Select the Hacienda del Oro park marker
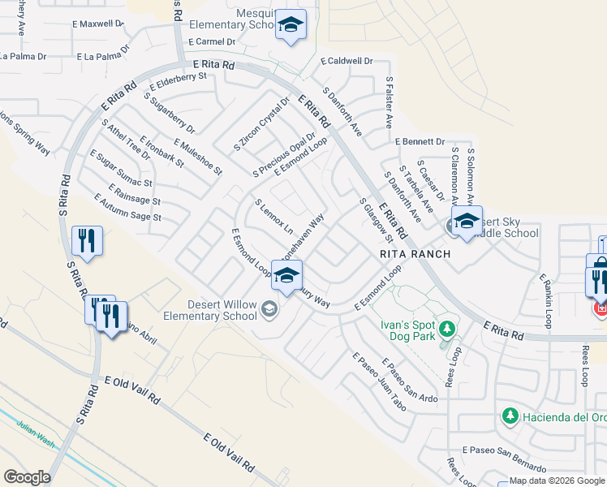(x=510, y=416)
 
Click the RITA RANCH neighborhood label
(x=414, y=253)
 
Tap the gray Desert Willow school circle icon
(x=269, y=308)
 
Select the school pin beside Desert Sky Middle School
(x=467, y=222)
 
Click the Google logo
(x=26, y=477)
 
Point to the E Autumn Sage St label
(x=127, y=208)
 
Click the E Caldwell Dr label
(x=346, y=61)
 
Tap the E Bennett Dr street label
(x=420, y=141)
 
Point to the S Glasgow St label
(x=375, y=221)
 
